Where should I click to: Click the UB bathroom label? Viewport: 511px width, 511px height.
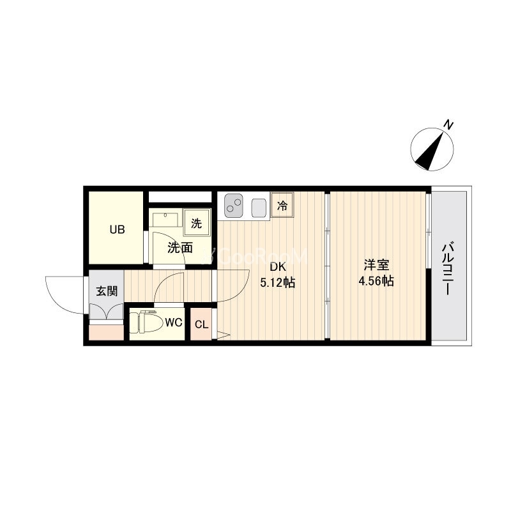click(118, 230)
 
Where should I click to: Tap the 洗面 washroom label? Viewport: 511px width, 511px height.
click(180, 248)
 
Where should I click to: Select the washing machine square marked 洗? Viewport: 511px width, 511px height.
click(197, 222)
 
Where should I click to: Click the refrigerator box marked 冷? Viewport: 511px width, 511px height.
click(282, 205)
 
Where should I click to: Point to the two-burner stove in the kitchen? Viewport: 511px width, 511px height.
click(234, 206)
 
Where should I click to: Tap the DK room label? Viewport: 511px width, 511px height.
click(277, 267)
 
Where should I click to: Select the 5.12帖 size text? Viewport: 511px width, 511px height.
click(278, 282)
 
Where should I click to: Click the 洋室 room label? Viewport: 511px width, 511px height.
click(376, 265)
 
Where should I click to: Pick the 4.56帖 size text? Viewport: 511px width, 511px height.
click(376, 280)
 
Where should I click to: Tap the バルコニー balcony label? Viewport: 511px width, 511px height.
click(448, 268)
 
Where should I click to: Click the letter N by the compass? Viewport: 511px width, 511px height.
click(449, 125)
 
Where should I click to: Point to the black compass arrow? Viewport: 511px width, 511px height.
click(431, 151)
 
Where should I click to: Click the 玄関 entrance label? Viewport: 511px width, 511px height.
click(107, 291)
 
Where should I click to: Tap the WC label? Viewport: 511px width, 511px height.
click(173, 323)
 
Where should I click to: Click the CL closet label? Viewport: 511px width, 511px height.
click(201, 324)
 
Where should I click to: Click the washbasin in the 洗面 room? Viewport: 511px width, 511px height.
click(165, 219)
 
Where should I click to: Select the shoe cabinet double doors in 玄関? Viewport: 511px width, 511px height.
click(106, 311)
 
